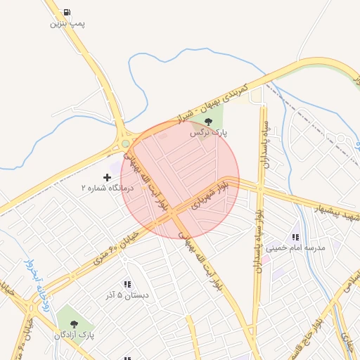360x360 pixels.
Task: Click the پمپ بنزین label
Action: [67, 23]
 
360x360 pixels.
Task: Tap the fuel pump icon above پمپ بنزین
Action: [67, 11]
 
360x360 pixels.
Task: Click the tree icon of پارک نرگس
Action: [207, 122]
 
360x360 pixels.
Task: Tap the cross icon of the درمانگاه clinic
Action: [107, 177]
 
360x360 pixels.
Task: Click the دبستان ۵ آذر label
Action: [127, 295]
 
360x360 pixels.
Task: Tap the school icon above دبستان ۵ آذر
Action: [127, 284]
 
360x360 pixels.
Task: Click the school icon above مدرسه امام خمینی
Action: [296, 237]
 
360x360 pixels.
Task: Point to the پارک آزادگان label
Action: [74, 335]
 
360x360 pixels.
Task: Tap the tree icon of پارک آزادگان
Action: [75, 323]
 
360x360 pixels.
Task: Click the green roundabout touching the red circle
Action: [125, 143]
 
